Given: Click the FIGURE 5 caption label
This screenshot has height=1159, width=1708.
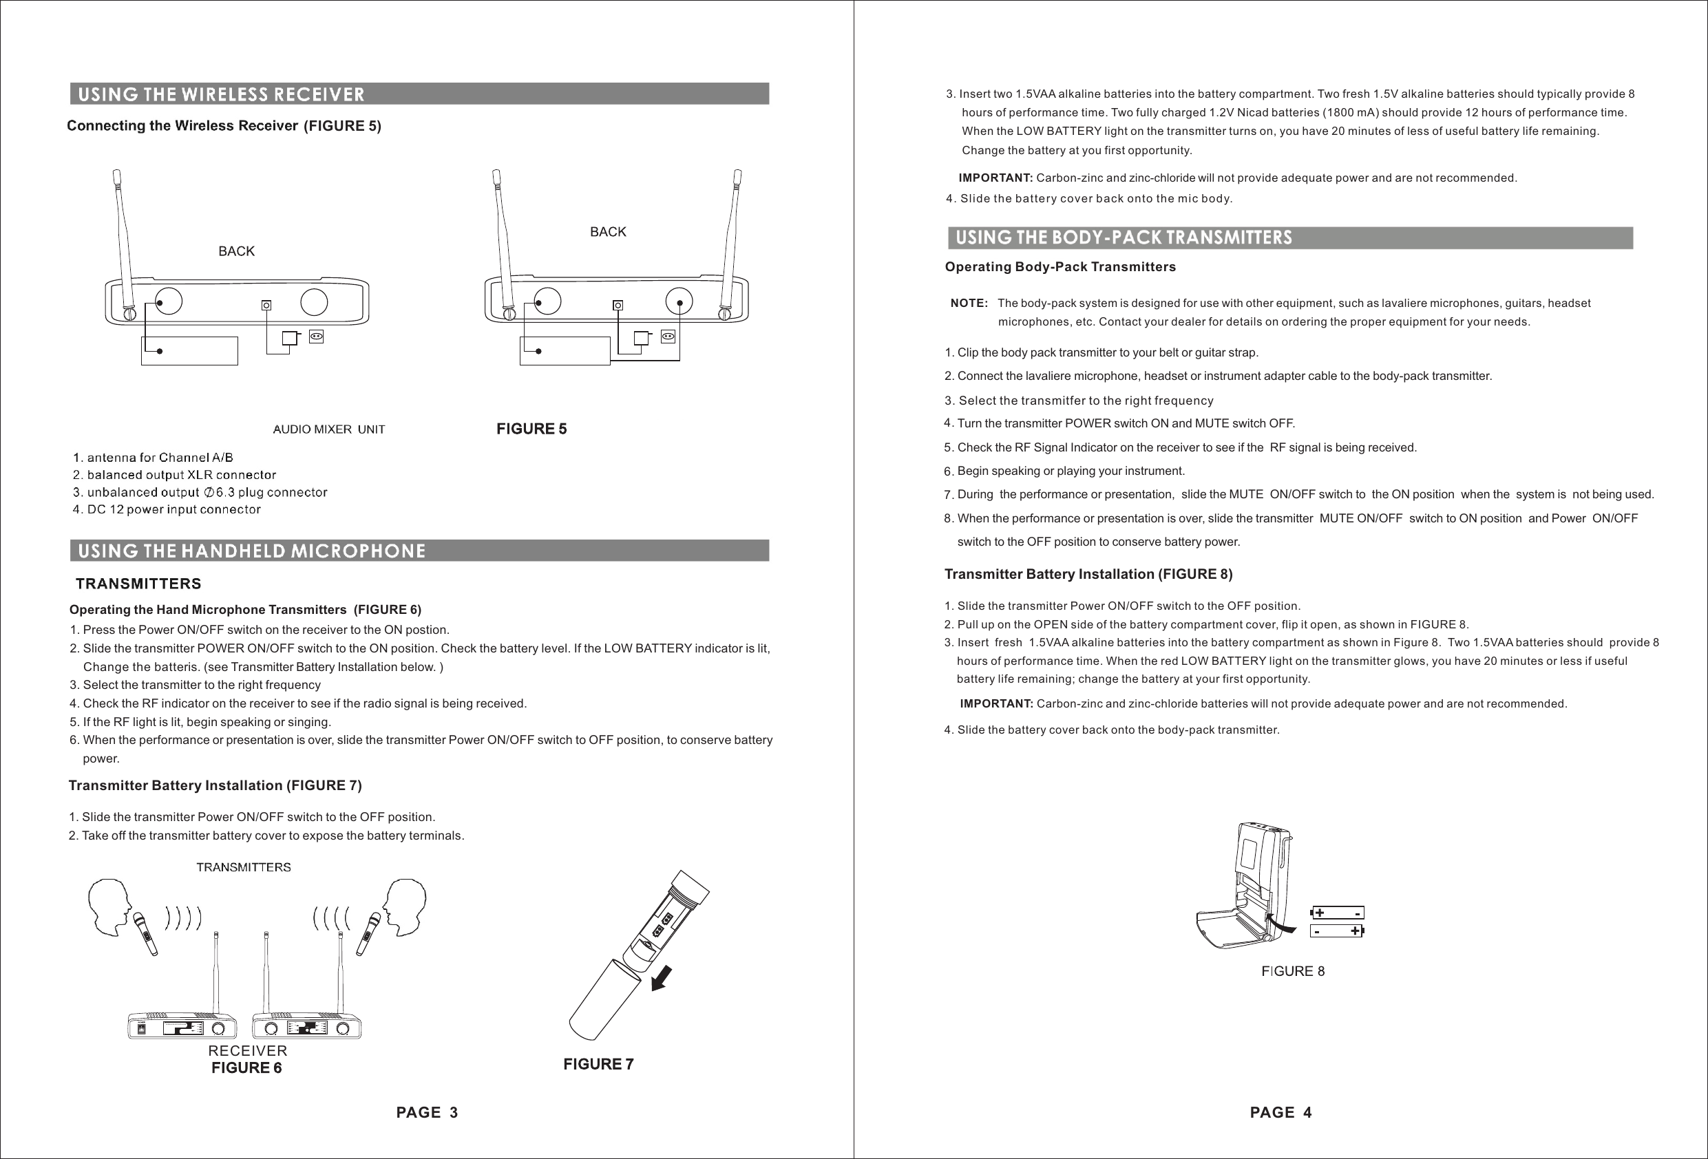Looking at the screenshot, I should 531,429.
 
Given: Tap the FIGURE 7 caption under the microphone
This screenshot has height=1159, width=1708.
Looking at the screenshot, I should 598,1063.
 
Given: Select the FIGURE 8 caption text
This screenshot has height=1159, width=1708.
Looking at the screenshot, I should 1293,971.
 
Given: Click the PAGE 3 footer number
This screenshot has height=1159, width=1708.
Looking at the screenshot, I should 427,1112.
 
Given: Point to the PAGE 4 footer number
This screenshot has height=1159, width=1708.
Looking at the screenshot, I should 1280,1112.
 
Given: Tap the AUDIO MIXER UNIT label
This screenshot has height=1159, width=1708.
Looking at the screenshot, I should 328,429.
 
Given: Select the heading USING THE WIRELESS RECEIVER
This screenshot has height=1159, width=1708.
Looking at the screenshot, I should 221,94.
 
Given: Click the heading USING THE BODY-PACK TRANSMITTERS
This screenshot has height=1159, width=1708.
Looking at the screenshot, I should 1123,237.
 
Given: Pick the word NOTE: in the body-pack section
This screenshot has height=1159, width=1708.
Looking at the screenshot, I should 969,303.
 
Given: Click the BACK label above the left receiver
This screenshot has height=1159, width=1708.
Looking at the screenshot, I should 236,251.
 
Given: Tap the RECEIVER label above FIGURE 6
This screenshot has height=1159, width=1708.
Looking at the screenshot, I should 248,1051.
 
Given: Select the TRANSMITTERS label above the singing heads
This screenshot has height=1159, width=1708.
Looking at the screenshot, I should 243,867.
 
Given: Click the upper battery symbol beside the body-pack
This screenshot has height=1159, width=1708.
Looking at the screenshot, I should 1338,913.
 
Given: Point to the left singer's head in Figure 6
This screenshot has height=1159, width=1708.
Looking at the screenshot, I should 110,906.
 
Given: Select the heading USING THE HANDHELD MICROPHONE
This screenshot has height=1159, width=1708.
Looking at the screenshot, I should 251,551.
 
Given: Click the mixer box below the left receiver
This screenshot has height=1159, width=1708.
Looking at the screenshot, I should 189,350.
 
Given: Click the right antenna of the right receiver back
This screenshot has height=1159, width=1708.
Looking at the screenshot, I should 732,242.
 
